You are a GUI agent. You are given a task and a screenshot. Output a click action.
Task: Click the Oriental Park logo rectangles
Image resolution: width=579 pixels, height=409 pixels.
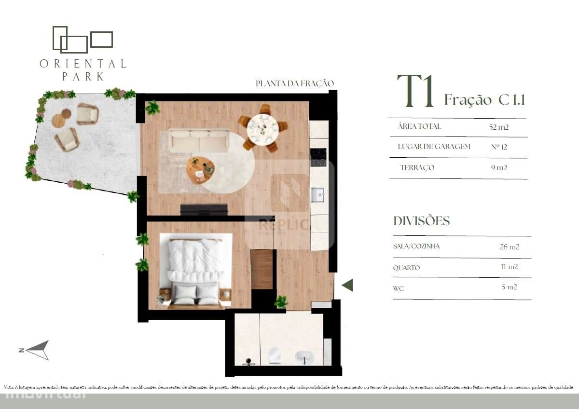pyautogui.click(x=82, y=39)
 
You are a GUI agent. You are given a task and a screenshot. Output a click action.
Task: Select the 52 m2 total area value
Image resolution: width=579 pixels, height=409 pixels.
pyautogui.click(x=499, y=127)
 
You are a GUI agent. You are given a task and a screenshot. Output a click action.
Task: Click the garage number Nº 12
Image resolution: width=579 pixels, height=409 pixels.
pyautogui.click(x=499, y=147)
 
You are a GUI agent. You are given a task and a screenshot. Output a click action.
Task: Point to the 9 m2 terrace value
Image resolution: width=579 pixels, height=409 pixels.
pyautogui.click(x=499, y=168)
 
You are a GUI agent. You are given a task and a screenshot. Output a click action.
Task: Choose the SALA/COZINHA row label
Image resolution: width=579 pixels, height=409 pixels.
pyautogui.click(x=416, y=246)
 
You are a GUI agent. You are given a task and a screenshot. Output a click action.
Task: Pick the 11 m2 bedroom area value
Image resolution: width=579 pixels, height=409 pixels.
pyautogui.click(x=510, y=267)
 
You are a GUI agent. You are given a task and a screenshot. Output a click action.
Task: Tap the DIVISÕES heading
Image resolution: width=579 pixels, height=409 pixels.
pyautogui.click(x=421, y=221)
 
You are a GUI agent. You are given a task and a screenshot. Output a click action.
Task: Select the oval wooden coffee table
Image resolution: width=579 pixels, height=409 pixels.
pyautogui.click(x=200, y=169)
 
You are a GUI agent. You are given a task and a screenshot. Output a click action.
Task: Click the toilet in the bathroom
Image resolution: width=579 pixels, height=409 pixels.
pyautogui.click(x=275, y=355)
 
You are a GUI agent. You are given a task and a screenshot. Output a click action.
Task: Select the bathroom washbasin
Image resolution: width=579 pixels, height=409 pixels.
pyautogui.click(x=304, y=357)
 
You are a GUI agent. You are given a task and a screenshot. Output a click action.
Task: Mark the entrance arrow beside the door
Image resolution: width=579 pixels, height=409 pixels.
pyautogui.click(x=347, y=285)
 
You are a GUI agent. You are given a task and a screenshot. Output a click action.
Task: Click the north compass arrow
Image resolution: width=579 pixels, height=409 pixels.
pyautogui.click(x=38, y=350)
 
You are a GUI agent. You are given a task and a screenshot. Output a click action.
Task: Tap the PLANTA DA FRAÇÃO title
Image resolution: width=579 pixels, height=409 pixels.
pyautogui.click(x=294, y=83)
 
